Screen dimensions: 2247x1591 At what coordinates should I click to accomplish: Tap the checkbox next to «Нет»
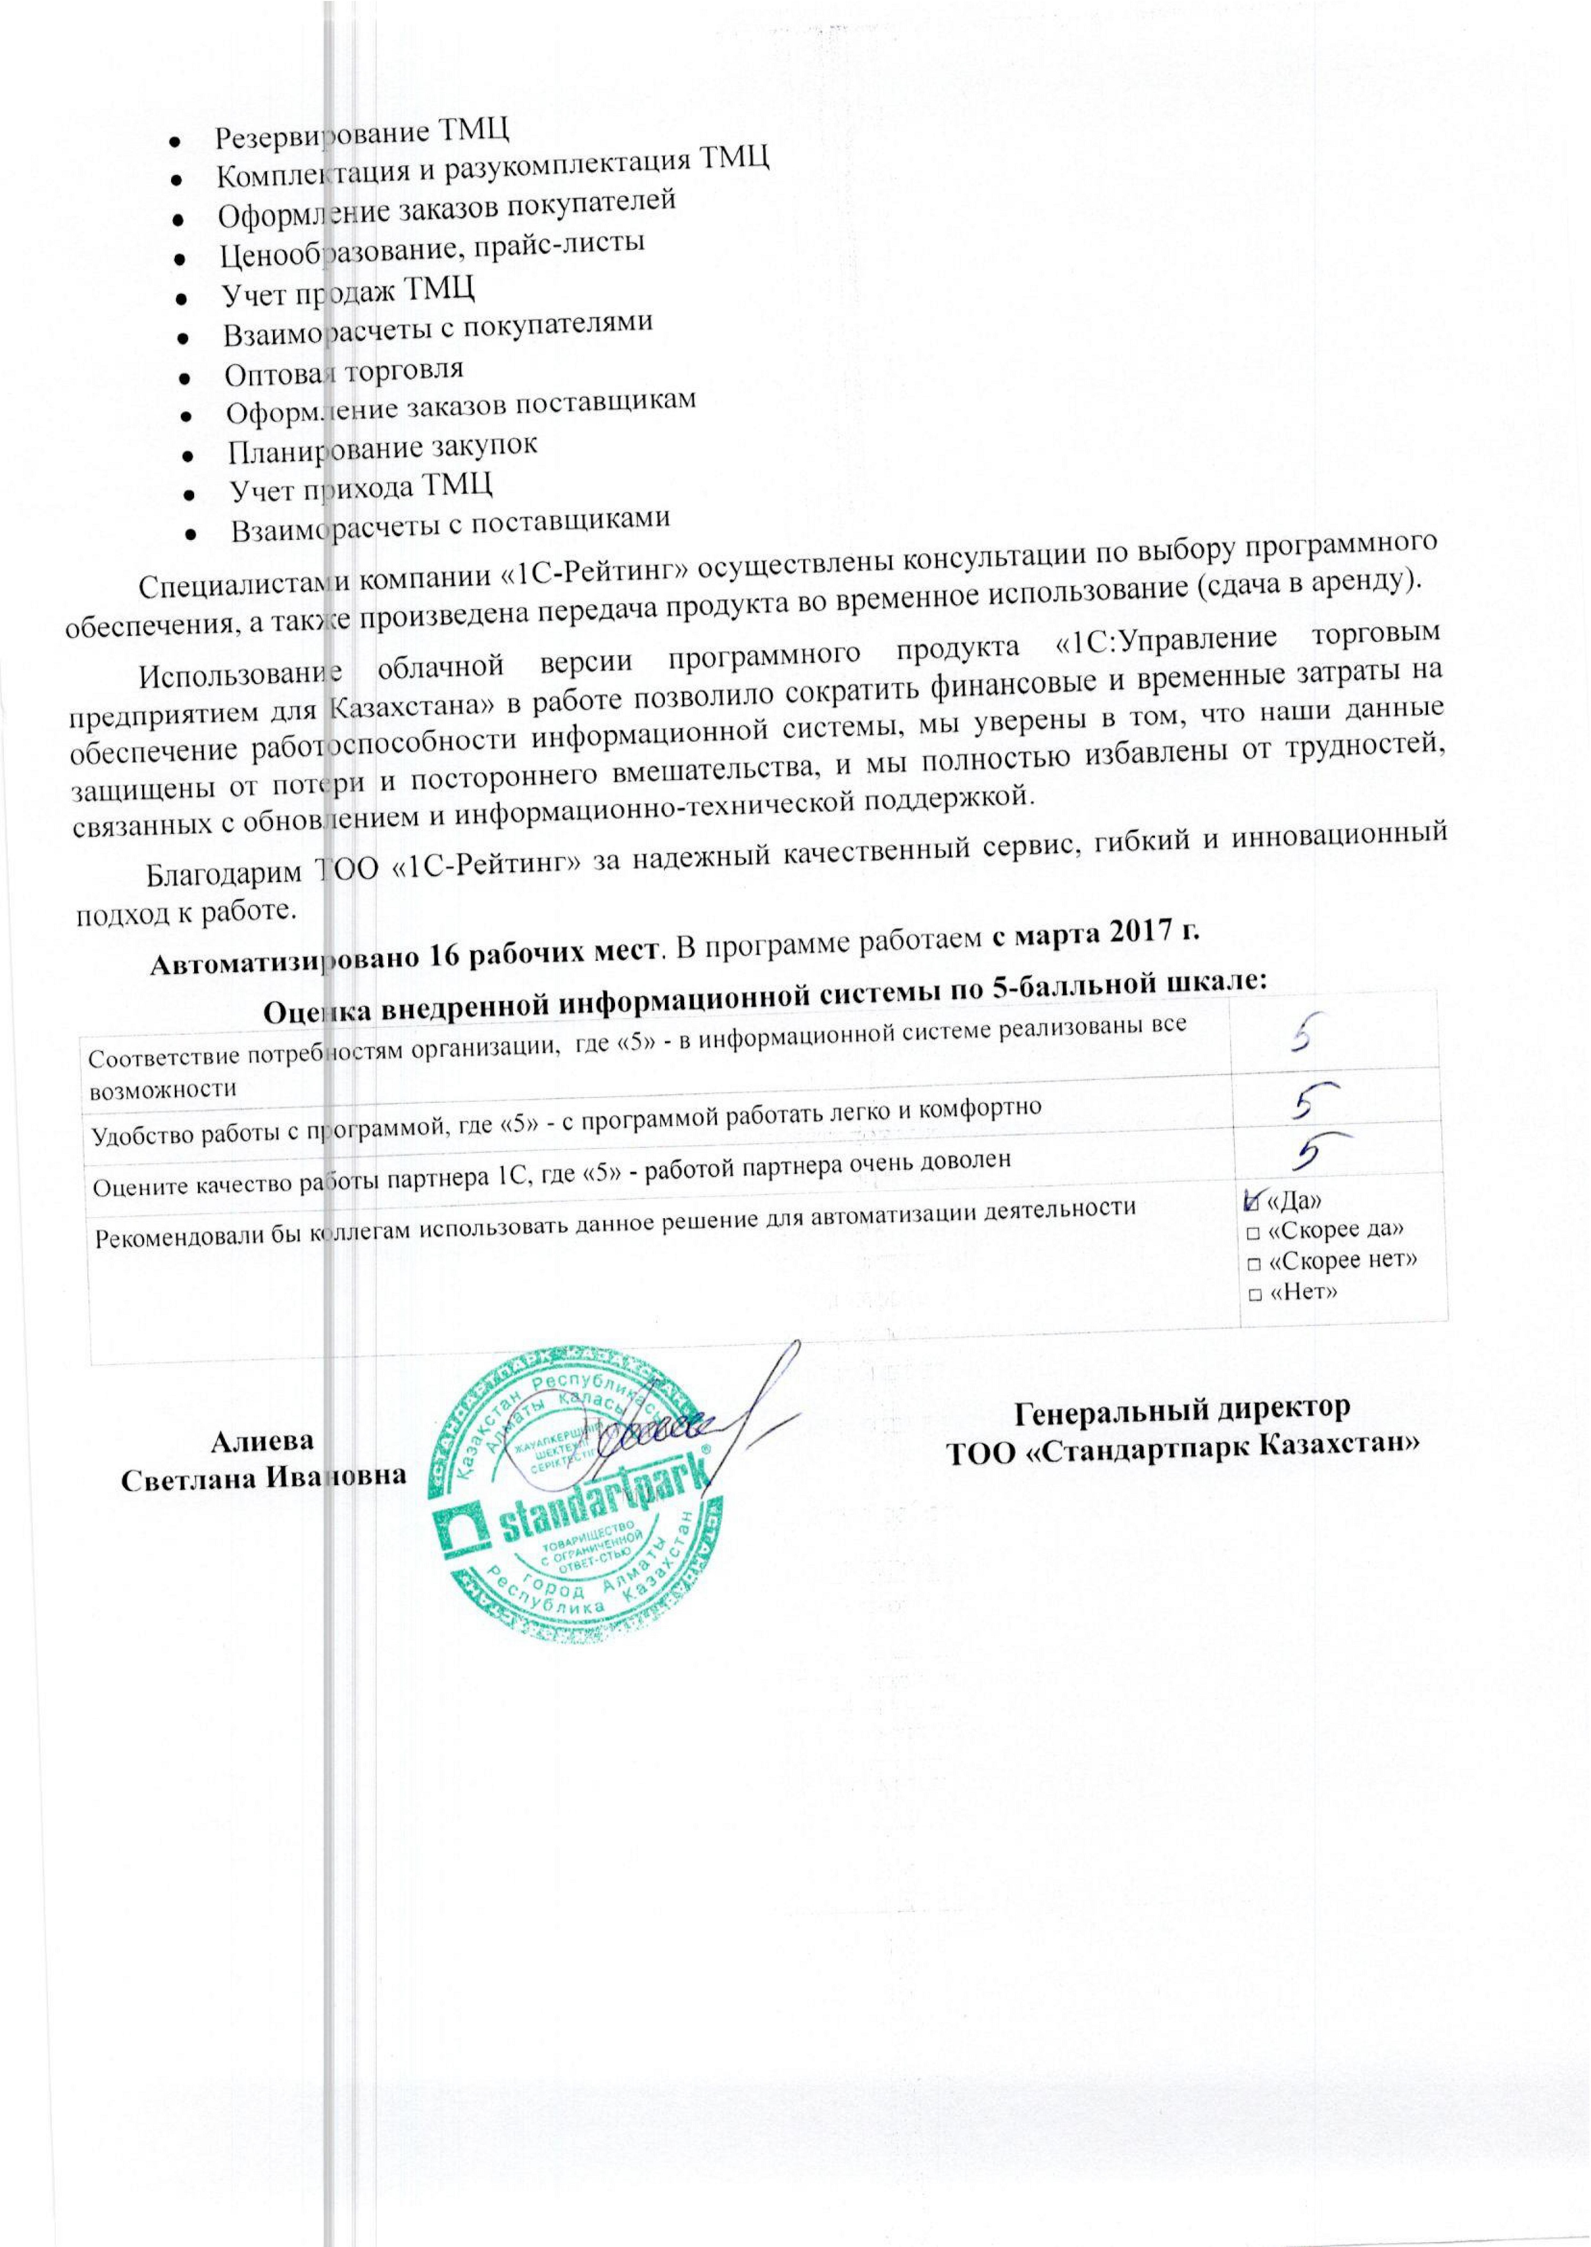1254,1294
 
